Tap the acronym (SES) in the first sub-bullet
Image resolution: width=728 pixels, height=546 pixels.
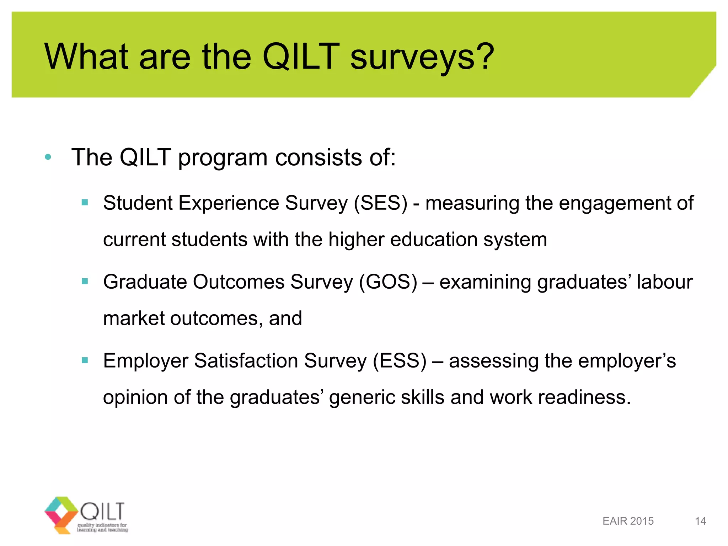coord(380,203)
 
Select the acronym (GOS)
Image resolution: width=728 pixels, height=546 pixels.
coord(388,282)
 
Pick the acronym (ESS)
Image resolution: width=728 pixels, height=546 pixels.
coord(400,361)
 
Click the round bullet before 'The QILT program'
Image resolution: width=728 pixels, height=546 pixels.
coord(48,157)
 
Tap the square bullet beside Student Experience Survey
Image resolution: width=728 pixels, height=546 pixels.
coord(85,203)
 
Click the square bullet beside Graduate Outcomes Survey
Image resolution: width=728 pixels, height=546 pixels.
coord(85,282)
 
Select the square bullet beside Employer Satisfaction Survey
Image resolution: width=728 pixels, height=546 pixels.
coord(85,360)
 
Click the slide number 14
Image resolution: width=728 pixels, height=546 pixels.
coord(700,521)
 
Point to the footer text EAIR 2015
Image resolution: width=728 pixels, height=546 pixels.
coord(628,521)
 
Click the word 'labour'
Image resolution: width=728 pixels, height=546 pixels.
coord(664,282)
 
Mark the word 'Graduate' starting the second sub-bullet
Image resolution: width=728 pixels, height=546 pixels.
coord(145,282)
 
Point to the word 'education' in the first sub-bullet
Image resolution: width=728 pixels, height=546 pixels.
coord(434,240)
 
